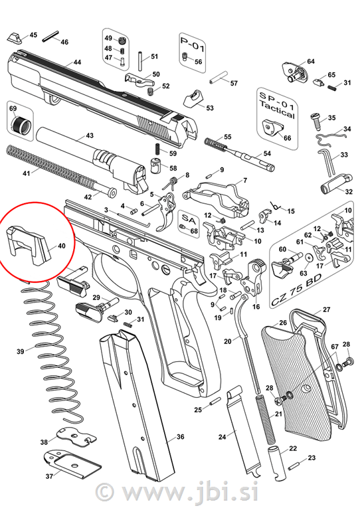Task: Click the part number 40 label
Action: tap(62, 246)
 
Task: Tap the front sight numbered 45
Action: tap(15, 38)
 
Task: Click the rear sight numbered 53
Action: tap(193, 99)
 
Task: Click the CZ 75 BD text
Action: tap(297, 290)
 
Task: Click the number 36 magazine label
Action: tap(181, 437)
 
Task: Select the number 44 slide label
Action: tap(77, 62)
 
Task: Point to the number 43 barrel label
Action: tap(90, 135)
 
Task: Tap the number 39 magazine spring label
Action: tap(21, 351)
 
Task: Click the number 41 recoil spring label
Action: tap(26, 173)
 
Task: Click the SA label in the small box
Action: tap(189, 219)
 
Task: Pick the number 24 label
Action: tap(222, 437)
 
